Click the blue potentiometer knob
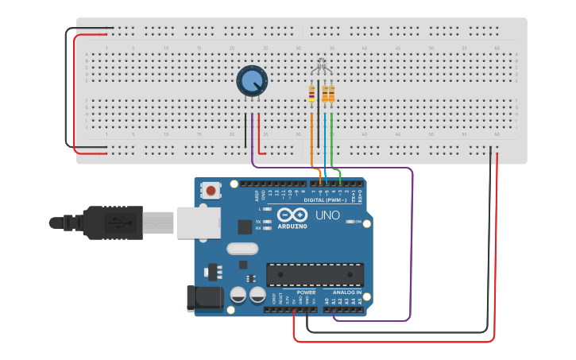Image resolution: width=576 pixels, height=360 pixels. coord(252,80)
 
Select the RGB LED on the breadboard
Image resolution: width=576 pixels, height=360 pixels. coord(320,67)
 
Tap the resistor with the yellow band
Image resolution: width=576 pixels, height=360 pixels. coord(311,95)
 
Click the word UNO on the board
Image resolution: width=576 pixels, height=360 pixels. coord(328,215)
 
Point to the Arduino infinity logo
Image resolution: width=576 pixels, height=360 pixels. coord(292,215)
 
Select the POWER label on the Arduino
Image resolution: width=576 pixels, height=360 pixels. coord(306,292)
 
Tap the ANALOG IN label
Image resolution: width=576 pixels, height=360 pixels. coord(347,292)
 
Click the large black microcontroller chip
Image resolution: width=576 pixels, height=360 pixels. coord(315,274)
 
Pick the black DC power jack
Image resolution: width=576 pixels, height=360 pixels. coord(202,298)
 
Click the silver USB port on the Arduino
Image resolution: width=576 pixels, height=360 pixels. coord(198,223)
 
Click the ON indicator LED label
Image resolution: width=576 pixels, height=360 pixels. coord(358,221)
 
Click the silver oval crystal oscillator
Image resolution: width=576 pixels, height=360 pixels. coord(242,249)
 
